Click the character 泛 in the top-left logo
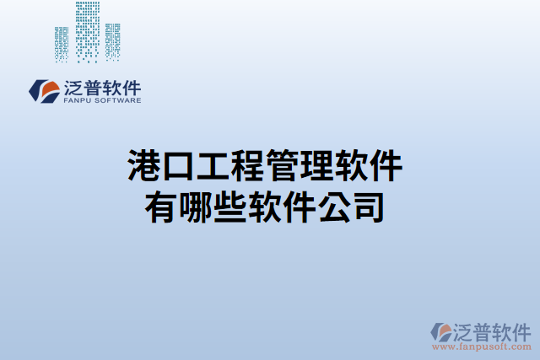(73, 87)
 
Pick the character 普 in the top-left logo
(93, 87)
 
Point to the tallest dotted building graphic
(87, 30)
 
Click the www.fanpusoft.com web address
(483, 347)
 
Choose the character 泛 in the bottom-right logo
(466, 330)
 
